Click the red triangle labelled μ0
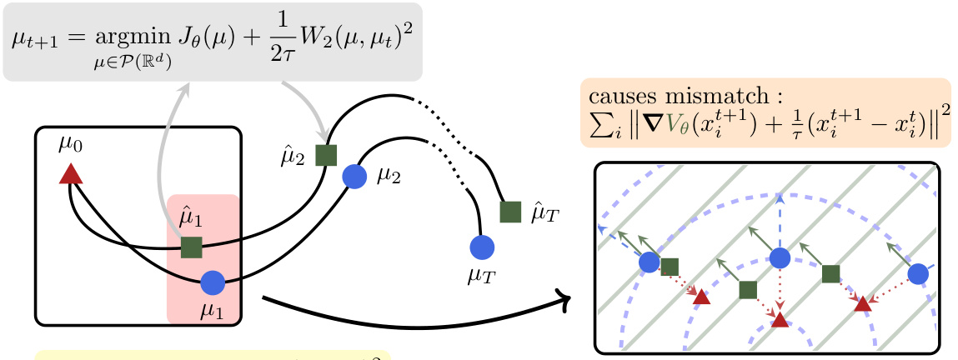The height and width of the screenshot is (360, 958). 71,173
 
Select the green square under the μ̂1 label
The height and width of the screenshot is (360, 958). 192,247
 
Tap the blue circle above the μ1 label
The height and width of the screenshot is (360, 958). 213,282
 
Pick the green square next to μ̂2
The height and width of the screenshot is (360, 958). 326,154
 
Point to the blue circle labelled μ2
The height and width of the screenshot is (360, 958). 354,175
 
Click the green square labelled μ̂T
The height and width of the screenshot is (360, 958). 510,212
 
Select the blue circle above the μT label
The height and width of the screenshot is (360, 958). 482,247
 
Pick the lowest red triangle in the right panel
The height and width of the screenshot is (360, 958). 780,320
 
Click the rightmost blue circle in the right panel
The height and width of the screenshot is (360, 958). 918,273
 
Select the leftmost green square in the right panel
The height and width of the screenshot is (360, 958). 670,267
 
